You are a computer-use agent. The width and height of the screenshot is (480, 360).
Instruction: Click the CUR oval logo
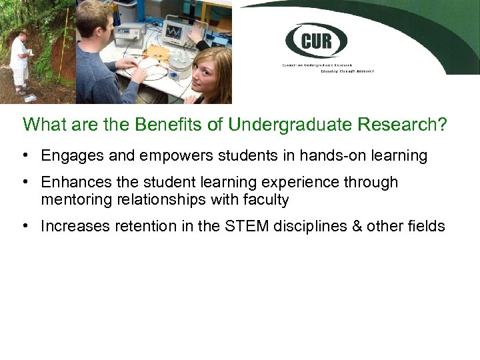(x=316, y=41)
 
